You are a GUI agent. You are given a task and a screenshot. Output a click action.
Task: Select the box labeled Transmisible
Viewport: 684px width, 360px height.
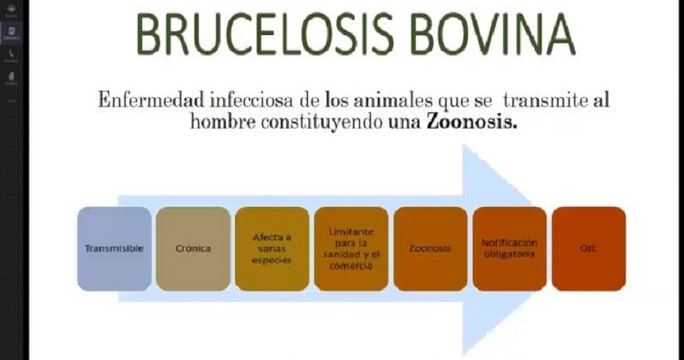(x=113, y=248)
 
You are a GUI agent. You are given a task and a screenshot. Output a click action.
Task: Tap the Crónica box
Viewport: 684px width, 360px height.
(x=193, y=248)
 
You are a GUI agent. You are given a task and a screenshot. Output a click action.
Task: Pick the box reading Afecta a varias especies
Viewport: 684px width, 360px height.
(x=272, y=248)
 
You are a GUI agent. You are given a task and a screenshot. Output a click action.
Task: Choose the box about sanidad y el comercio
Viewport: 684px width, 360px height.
(x=351, y=248)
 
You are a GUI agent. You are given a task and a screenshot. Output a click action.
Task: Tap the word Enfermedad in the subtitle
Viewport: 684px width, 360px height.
(x=148, y=100)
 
